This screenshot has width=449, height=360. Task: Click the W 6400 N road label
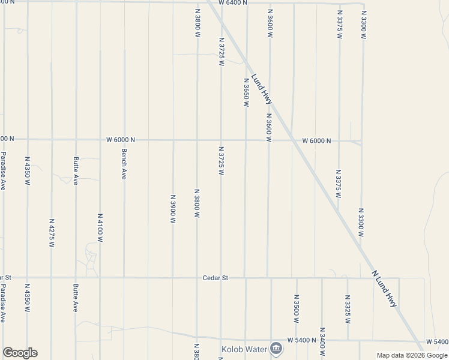coord(234,3)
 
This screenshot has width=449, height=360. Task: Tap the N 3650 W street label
coord(246,92)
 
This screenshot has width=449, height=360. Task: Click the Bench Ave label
coord(124,164)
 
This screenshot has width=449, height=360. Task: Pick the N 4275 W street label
coord(52,233)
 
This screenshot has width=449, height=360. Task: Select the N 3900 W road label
coord(173,209)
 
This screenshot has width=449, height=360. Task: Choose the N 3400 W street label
coord(322,342)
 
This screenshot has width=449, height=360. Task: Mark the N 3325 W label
coord(348,309)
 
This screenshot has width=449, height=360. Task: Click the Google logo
coord(20,353)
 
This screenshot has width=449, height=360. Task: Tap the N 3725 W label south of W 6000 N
coord(221,161)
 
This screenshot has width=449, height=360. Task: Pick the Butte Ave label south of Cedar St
coord(76,298)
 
